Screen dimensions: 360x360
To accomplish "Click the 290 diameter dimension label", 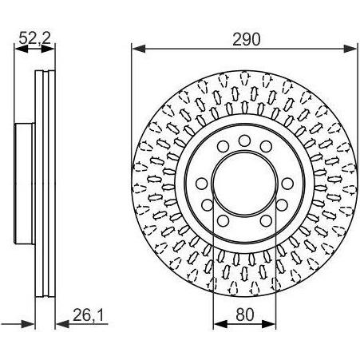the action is (x=246, y=39).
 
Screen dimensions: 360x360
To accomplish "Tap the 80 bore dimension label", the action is (x=245, y=315).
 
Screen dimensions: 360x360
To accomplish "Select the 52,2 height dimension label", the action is (x=34, y=39).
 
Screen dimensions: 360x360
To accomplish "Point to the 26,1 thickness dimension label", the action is (x=89, y=315).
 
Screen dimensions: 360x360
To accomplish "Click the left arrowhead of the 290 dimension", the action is (x=139, y=49).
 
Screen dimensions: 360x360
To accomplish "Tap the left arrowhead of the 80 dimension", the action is (x=220, y=324).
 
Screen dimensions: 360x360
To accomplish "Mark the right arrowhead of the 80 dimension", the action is (x=269, y=324).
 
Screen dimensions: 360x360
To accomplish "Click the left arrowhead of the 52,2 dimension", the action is (x=21, y=49).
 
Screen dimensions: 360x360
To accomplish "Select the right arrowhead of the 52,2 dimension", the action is (x=48, y=49).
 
